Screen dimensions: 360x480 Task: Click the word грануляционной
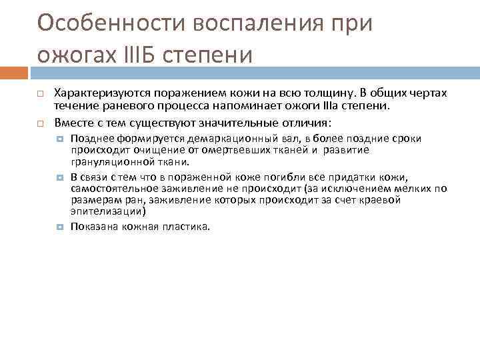pyautogui.click(x=108, y=161)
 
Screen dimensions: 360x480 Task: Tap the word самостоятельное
pyautogui.click(x=111, y=189)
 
